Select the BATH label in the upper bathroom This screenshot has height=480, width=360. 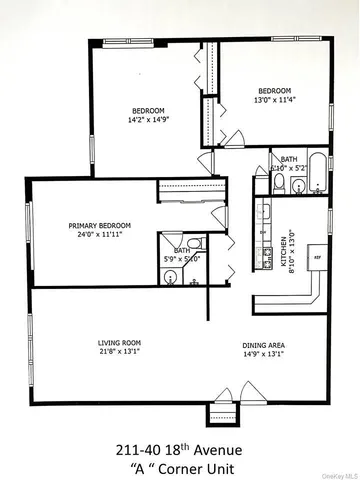point(288,159)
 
